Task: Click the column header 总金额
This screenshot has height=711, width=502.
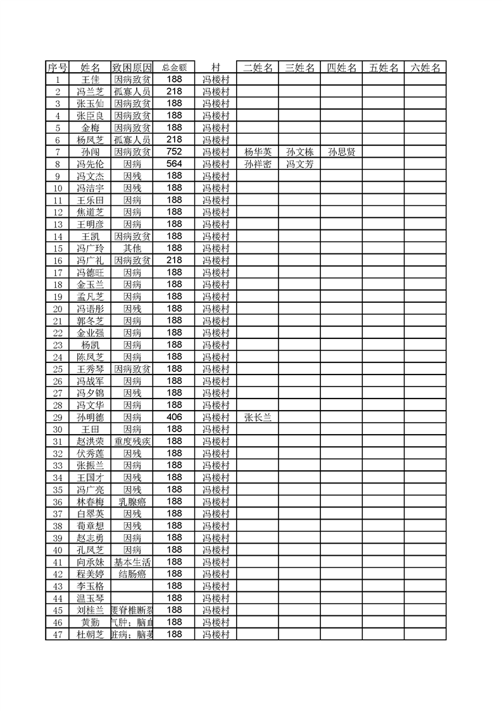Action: (x=174, y=67)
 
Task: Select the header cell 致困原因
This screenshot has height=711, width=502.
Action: (x=132, y=67)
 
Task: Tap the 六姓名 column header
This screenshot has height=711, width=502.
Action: (x=425, y=67)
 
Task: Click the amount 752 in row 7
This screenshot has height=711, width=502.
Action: (x=174, y=151)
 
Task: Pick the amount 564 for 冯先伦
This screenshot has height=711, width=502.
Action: (x=174, y=163)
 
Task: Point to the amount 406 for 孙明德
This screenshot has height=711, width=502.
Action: (x=174, y=417)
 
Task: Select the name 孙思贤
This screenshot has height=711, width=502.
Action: (x=341, y=152)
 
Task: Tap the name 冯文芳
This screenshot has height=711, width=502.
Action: (x=299, y=164)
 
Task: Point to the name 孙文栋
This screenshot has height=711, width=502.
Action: (x=299, y=152)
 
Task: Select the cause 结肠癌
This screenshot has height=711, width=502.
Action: (x=132, y=574)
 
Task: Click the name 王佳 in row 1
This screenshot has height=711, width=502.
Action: (x=91, y=80)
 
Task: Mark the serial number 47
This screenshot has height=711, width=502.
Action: (x=58, y=634)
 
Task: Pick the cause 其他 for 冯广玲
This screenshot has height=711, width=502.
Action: (x=132, y=248)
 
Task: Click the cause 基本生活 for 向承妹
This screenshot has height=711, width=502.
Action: (x=132, y=562)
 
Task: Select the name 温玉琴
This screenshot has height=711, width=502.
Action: (x=91, y=598)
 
